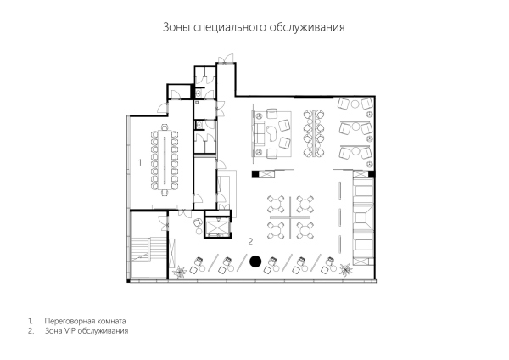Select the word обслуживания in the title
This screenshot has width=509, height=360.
tap(307, 27)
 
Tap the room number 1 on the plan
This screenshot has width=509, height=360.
tap(140, 162)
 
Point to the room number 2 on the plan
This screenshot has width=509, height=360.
tap(250, 241)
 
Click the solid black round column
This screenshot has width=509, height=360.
tap(255, 262)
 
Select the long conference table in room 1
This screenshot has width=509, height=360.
tap(165, 160)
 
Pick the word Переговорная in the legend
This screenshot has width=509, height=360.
tap(69, 321)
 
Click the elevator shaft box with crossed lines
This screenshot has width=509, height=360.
tap(218, 227)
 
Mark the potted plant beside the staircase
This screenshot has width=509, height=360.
tap(179, 271)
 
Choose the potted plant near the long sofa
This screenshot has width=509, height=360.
tap(345, 269)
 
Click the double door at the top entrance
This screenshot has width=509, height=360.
tap(226, 59)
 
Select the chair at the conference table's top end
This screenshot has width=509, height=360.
tap(165, 127)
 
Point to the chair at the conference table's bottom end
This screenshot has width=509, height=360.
tap(165, 193)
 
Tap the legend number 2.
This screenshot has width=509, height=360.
tap(31, 331)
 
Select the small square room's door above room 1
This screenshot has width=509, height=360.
tap(176, 94)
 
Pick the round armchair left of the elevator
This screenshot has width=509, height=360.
tap(198, 222)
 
